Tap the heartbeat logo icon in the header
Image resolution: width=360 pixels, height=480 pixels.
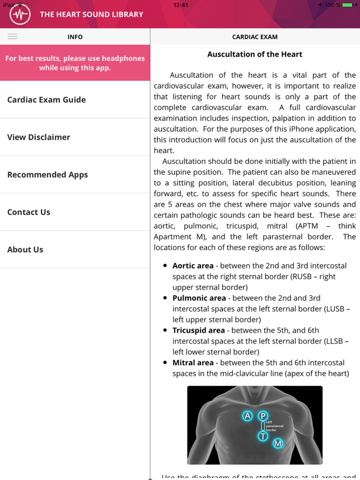point(20,15)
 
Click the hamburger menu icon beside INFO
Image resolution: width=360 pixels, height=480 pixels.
point(12,36)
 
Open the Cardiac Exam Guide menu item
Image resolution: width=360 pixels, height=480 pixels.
point(46,100)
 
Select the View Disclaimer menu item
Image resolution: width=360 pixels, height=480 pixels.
point(39,137)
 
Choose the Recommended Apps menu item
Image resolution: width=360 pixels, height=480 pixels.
point(48,175)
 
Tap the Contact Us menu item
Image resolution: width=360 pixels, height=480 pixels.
point(29,212)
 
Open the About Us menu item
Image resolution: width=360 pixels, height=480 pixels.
point(25,250)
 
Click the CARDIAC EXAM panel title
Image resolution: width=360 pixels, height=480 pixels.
point(255,37)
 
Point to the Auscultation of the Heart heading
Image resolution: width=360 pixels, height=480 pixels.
point(255,54)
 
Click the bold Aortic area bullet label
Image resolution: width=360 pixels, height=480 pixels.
point(193,266)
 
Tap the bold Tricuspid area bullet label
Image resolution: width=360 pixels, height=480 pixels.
point(198,331)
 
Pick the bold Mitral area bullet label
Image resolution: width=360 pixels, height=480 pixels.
point(193,363)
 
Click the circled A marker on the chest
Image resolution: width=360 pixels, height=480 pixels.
point(247,416)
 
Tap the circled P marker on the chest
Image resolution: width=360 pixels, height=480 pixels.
point(263,416)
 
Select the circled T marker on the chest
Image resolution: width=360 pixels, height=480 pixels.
point(263,436)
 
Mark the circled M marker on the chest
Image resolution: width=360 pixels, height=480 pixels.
point(278,444)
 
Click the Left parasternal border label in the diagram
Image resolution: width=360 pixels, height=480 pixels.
point(274,426)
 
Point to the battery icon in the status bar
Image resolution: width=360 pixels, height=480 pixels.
point(348,5)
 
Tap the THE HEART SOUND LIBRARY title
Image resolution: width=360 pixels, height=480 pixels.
point(91,15)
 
